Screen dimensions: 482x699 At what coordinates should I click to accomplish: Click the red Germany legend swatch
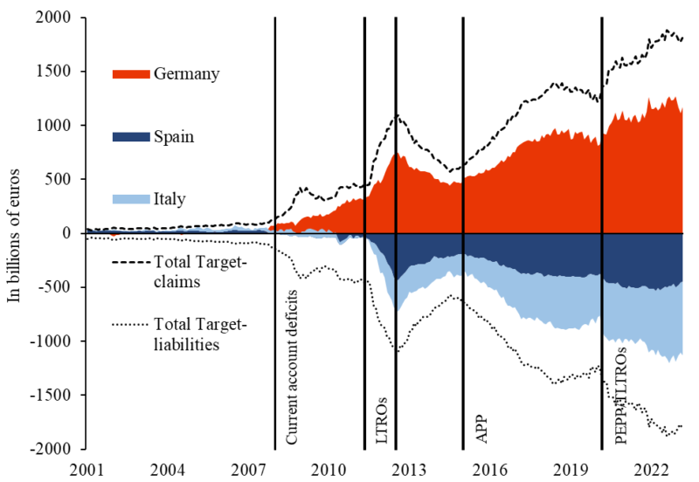click(132, 74)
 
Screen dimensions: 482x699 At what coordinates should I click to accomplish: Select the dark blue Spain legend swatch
click(132, 137)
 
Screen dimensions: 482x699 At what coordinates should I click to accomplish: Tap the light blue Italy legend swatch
click(132, 200)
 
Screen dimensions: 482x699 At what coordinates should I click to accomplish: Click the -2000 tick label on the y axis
click(54, 449)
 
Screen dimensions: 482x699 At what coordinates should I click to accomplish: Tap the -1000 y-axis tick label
click(54, 341)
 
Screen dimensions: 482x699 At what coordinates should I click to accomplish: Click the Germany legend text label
click(186, 74)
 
